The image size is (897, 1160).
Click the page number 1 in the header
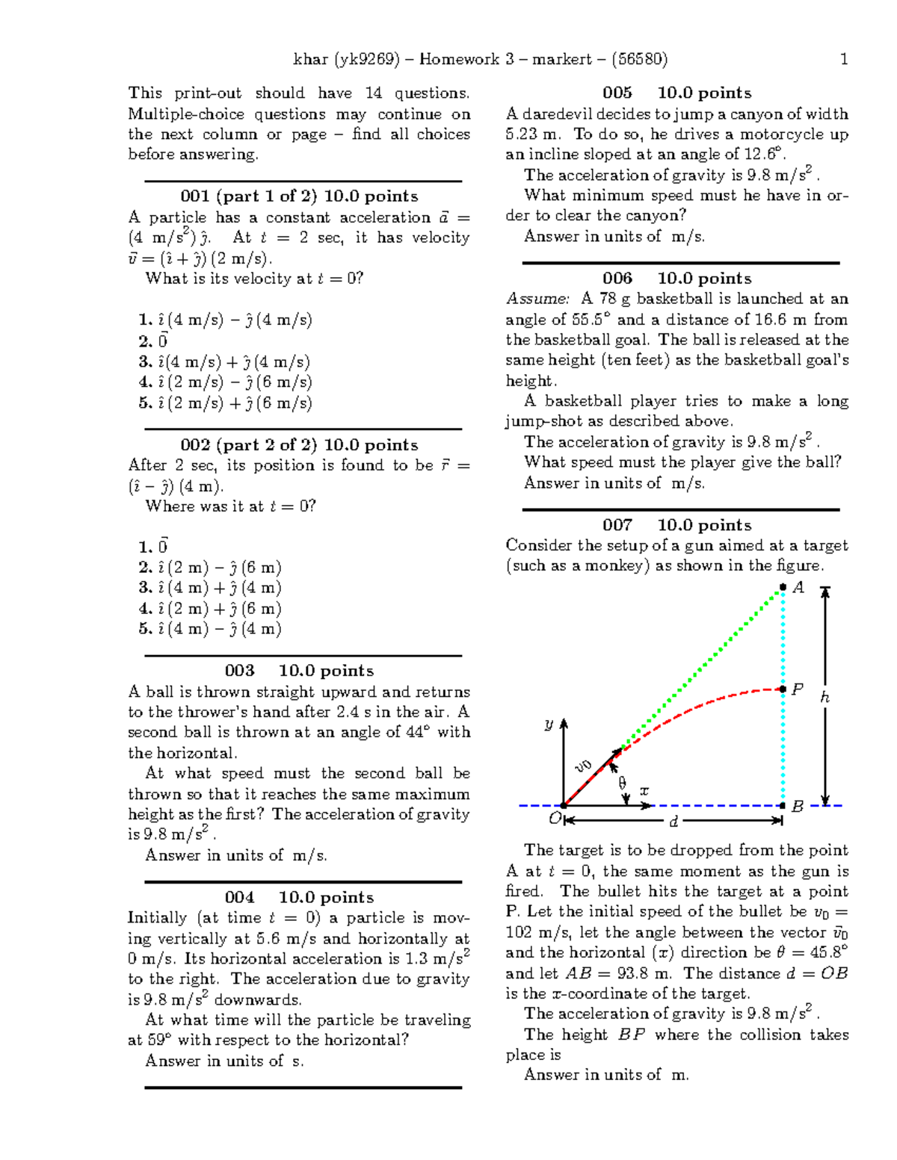(x=844, y=60)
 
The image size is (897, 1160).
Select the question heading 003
(x=239, y=671)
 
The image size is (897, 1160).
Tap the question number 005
(x=617, y=93)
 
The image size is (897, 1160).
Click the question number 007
(x=617, y=525)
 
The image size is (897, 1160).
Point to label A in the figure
(x=798, y=589)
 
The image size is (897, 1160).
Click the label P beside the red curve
(x=798, y=689)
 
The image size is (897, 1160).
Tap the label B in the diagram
(x=798, y=807)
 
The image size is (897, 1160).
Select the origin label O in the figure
(x=554, y=819)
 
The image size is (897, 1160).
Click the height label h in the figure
(x=824, y=698)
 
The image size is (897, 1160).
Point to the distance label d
(x=673, y=822)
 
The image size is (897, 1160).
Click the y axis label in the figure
(x=549, y=724)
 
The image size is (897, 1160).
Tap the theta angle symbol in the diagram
(x=622, y=783)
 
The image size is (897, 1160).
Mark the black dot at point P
(x=783, y=689)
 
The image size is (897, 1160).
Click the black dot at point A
(x=783, y=588)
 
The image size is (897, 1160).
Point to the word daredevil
(x=554, y=114)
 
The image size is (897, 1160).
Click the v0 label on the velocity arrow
(x=583, y=766)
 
